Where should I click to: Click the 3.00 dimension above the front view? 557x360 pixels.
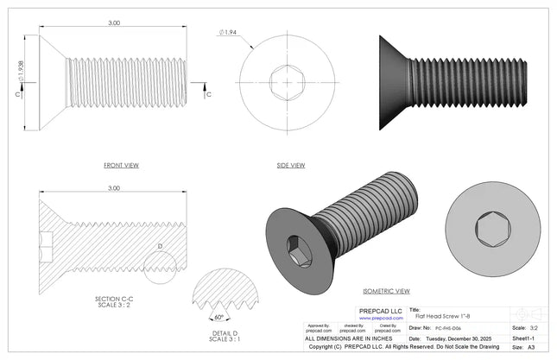click(x=114, y=23)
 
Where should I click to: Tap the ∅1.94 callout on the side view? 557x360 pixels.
click(x=228, y=32)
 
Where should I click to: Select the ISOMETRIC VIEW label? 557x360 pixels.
click(x=385, y=291)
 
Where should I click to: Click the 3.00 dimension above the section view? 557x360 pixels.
click(x=113, y=187)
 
